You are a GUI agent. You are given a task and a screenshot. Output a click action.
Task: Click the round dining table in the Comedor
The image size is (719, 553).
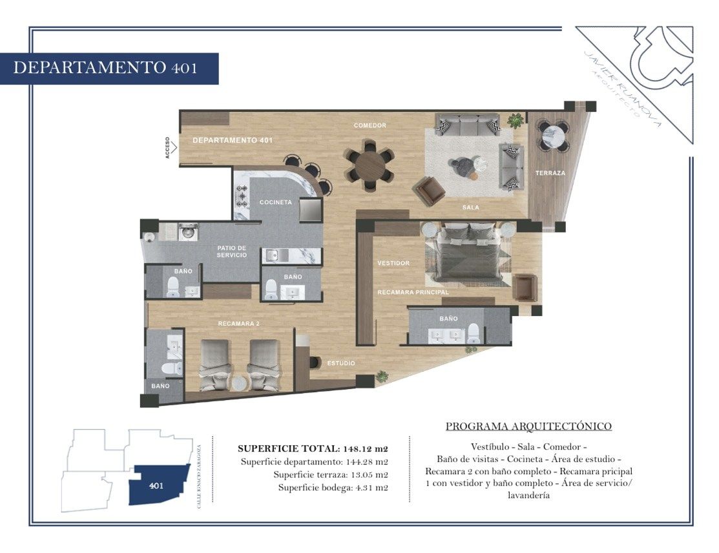click(369, 165)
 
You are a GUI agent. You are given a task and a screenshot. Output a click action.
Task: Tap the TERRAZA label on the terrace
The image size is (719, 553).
click(550, 173)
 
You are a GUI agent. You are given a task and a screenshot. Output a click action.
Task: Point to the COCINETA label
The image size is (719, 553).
click(276, 202)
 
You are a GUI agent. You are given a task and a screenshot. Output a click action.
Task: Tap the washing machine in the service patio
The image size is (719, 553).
click(188, 231)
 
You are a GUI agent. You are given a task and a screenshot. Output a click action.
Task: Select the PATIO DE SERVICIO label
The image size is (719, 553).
click(231, 251)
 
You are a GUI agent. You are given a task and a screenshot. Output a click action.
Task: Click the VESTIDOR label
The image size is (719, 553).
click(393, 263)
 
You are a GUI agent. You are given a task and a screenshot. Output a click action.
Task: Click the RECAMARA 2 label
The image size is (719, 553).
click(238, 324)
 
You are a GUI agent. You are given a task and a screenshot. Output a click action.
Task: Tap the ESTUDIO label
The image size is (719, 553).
click(340, 363)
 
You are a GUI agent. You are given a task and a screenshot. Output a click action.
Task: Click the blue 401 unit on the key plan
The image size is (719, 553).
click(159, 485)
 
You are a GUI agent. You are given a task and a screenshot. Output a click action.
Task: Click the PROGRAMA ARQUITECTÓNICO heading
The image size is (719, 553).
click(528, 426)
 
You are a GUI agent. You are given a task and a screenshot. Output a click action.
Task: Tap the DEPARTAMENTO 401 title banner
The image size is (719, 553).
click(109, 68)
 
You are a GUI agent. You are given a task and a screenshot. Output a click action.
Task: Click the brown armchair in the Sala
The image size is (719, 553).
click(429, 190)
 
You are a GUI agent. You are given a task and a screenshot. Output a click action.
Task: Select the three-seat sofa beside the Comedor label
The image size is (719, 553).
click(468, 124)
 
